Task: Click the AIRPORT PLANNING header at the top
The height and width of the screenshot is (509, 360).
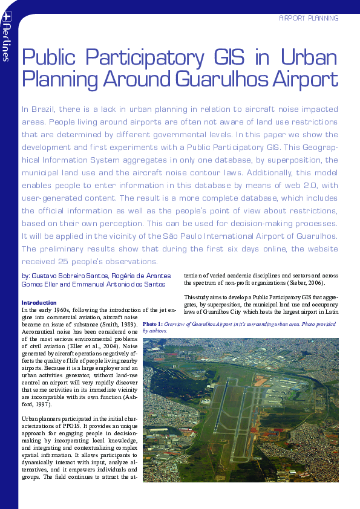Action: click(x=308, y=18)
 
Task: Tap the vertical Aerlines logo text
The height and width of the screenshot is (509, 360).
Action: click(x=6, y=43)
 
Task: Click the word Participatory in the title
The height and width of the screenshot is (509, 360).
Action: click(x=142, y=58)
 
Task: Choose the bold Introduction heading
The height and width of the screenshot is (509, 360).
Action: click(x=39, y=303)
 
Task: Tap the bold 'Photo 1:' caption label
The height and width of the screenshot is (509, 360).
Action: click(x=152, y=324)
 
